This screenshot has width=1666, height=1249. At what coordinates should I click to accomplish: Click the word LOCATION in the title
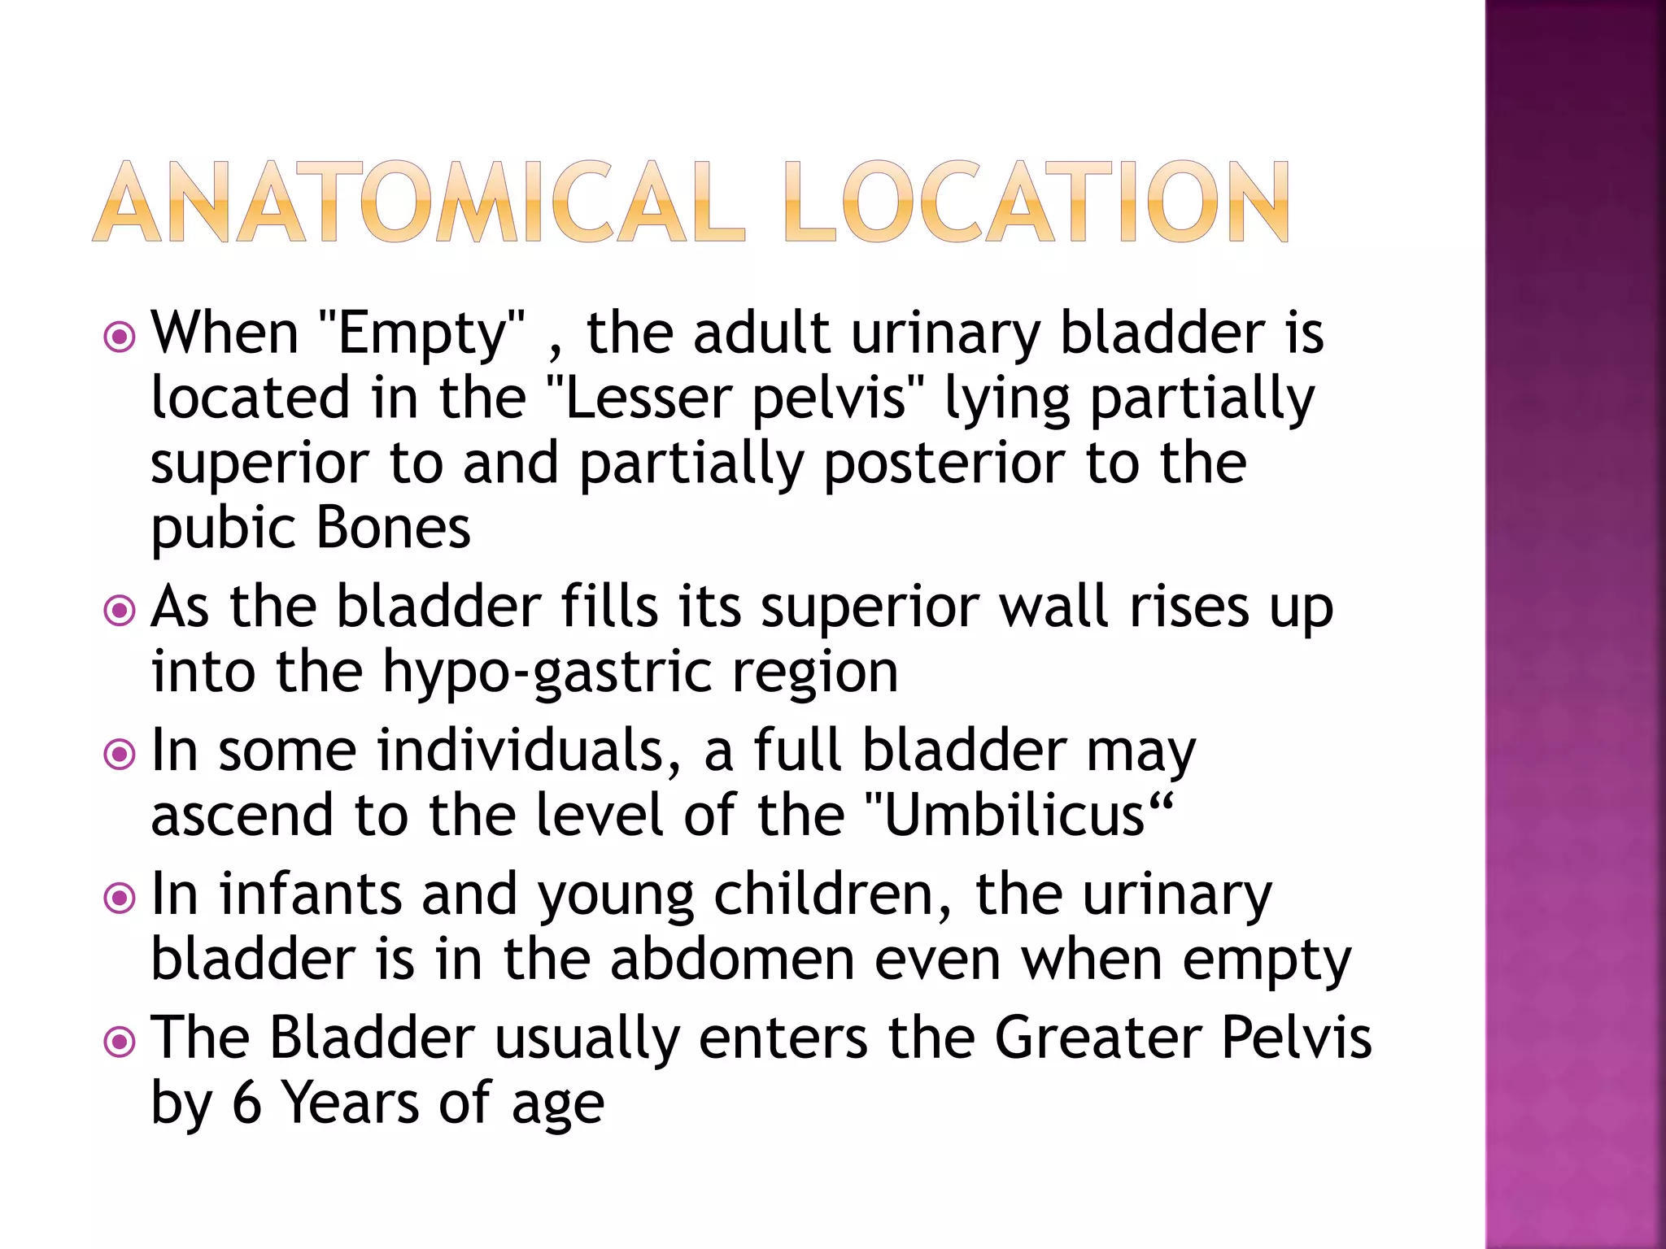tap(1036, 202)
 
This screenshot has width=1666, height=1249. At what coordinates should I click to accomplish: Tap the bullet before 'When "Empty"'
tap(120, 336)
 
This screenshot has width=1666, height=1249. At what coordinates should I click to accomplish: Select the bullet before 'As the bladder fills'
tap(120, 610)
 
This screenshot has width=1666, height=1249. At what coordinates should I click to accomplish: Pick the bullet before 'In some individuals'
tap(120, 754)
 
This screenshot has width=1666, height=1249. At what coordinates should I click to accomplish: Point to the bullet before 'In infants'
tap(120, 898)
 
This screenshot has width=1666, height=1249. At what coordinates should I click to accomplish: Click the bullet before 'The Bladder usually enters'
tap(120, 1042)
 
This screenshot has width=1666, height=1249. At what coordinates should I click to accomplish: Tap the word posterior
tap(944, 463)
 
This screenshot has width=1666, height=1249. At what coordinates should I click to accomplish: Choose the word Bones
tap(393, 529)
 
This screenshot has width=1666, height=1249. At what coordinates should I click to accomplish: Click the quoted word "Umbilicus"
tap(1017, 816)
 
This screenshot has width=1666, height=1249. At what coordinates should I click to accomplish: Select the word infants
tap(310, 894)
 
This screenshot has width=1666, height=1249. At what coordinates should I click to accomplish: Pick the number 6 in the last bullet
tap(247, 1104)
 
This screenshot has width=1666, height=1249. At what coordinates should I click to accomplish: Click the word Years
tap(351, 1104)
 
